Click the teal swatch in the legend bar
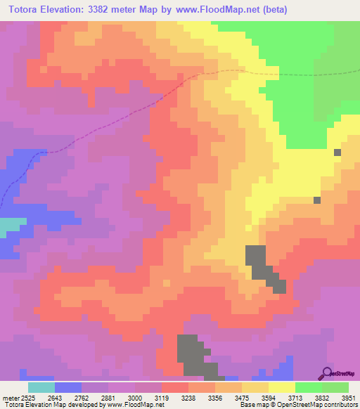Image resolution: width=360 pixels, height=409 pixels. pos(41,388)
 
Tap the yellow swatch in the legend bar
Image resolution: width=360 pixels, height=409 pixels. pos(281,388)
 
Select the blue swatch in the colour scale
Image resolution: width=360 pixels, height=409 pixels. pos(68,388)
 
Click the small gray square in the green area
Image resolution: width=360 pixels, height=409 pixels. pos(337,152)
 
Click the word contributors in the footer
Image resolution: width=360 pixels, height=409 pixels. pos(339,404)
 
